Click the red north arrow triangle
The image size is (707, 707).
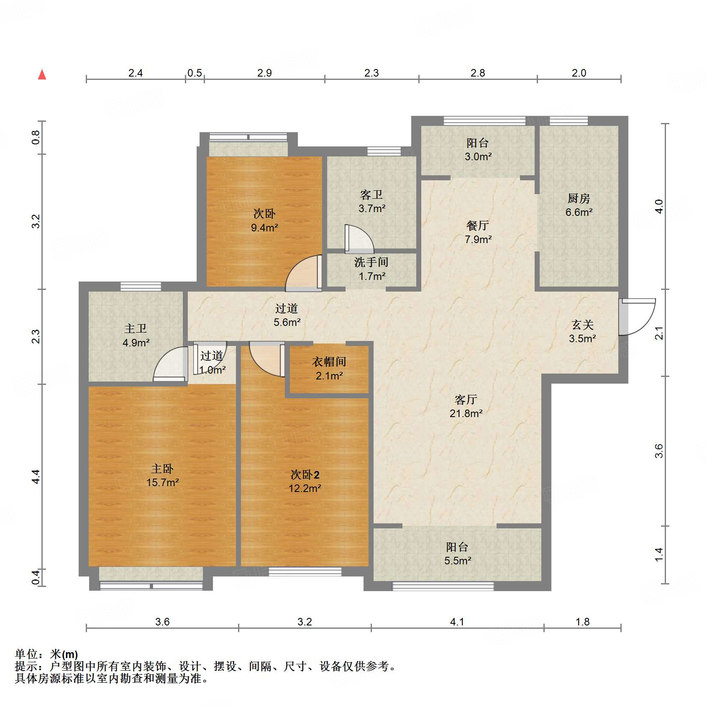42,75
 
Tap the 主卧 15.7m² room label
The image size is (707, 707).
162,476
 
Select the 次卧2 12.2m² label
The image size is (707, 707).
305,482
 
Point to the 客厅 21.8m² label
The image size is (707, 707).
466,407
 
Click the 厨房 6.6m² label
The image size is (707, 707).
579,205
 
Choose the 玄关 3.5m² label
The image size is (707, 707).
582,332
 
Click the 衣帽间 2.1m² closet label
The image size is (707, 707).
329,369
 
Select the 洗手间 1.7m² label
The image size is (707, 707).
371,269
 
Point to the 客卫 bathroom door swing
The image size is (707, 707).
359,239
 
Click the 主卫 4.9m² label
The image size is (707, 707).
136,336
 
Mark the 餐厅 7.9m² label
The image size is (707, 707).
478,233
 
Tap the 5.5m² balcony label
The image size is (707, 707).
457,554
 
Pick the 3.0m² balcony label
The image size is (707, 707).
478,150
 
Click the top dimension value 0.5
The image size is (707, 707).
195,73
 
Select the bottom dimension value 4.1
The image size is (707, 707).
457,622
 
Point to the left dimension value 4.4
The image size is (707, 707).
36,477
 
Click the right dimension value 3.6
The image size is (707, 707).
659,451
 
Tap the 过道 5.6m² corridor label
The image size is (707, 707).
287,315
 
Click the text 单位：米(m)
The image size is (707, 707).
46,654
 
